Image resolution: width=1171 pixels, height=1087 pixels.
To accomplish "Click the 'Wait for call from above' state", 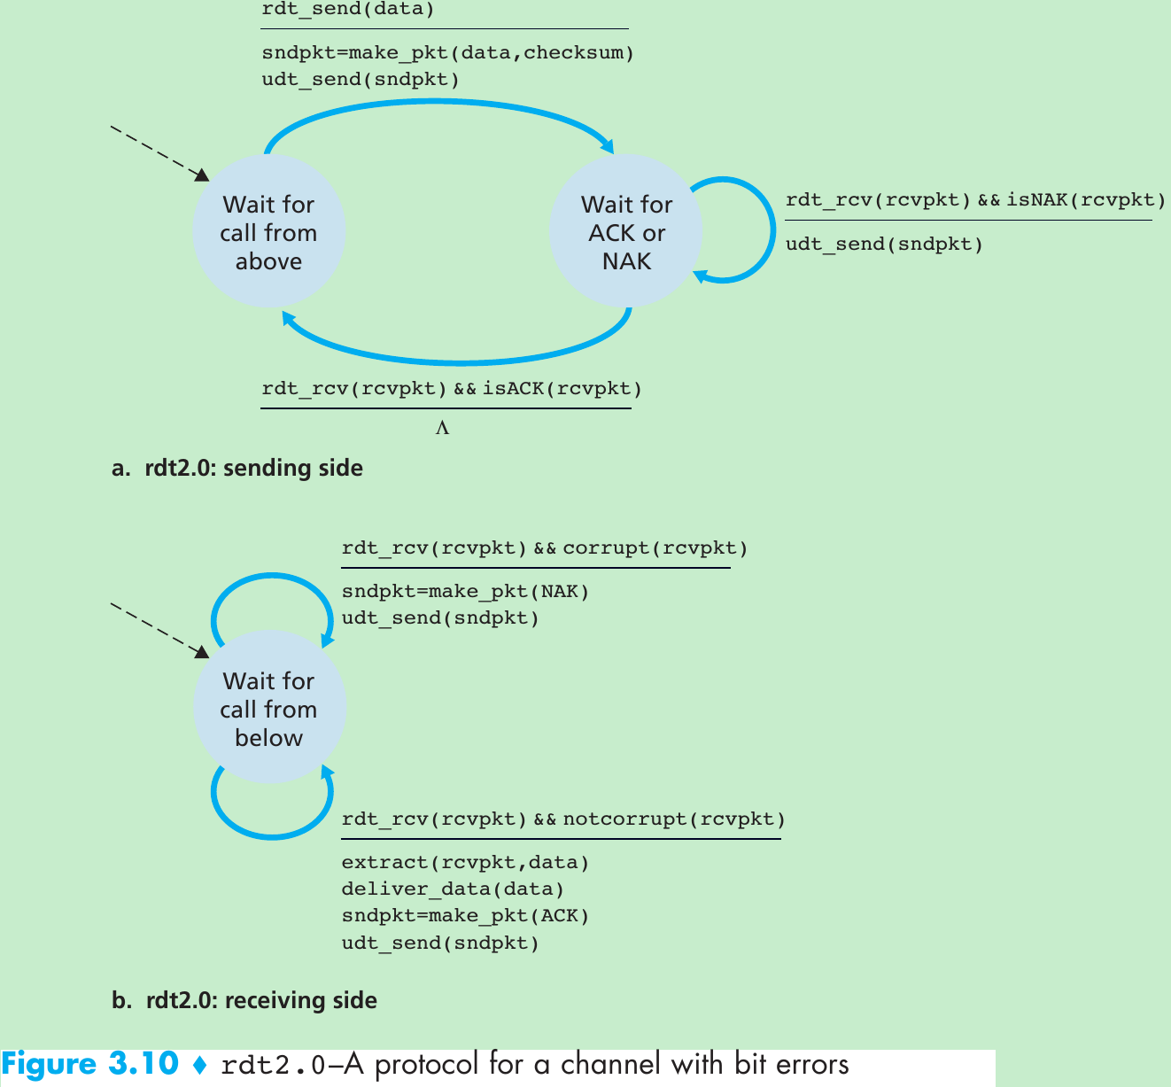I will (x=268, y=232).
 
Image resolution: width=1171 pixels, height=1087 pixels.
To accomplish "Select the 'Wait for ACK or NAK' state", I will (x=626, y=232).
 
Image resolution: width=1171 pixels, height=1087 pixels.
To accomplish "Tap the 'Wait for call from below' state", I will (x=268, y=709).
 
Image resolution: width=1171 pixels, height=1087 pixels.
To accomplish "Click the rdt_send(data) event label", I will (x=348, y=10).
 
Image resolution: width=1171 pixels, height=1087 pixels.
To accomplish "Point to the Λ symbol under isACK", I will (x=442, y=429).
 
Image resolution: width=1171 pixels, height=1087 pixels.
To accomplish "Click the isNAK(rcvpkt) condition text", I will (x=1086, y=200).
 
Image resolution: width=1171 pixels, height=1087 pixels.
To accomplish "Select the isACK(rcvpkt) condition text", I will (x=562, y=388).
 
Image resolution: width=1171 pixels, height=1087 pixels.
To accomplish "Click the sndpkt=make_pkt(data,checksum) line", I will (x=447, y=52).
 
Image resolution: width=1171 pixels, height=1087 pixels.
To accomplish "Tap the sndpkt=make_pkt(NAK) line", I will (x=465, y=591).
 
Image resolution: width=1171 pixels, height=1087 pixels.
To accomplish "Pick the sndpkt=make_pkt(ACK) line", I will (x=465, y=915).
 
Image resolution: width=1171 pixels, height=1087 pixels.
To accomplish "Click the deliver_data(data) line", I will (x=453, y=889).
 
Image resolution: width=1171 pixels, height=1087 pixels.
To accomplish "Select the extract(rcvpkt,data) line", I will (x=465, y=862).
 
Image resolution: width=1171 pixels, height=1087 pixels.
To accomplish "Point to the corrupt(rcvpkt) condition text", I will (x=655, y=548).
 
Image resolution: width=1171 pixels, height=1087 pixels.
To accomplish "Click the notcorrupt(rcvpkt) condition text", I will (x=673, y=819).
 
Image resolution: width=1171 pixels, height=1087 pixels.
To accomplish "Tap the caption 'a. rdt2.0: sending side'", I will (x=237, y=468).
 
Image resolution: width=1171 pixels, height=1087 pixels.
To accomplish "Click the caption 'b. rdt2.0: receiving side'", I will (x=244, y=1000).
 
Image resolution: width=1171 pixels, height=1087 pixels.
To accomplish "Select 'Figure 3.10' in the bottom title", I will (x=90, y=1064).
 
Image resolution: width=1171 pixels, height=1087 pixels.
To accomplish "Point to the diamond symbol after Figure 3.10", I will (x=200, y=1065).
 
